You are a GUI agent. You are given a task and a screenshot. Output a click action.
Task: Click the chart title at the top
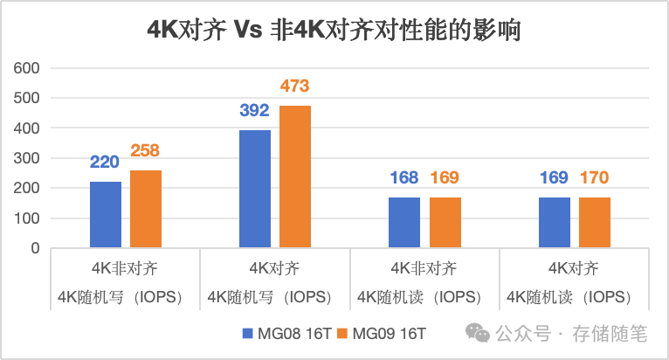[334, 31]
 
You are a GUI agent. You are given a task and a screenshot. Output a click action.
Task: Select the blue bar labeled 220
[106, 215]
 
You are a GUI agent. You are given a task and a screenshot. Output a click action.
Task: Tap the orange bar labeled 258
[146, 209]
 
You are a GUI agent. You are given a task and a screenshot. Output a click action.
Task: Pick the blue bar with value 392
[255, 189]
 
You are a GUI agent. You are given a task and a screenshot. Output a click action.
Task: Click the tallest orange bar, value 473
[295, 177]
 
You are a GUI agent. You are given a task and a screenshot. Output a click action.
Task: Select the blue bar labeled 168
[404, 223]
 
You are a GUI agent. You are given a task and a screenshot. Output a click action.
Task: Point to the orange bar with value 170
[594, 223]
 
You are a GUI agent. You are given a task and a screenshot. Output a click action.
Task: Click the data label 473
[295, 87]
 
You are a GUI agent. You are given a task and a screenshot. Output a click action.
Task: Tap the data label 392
[255, 111]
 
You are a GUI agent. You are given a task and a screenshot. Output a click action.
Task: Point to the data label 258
[146, 151]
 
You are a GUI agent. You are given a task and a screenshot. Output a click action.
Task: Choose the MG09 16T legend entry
[389, 334]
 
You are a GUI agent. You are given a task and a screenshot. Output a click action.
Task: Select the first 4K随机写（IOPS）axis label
[125, 297]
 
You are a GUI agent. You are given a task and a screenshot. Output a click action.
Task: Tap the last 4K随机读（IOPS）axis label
[574, 297]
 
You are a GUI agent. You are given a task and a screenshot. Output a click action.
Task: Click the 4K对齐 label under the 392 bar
[275, 267]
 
